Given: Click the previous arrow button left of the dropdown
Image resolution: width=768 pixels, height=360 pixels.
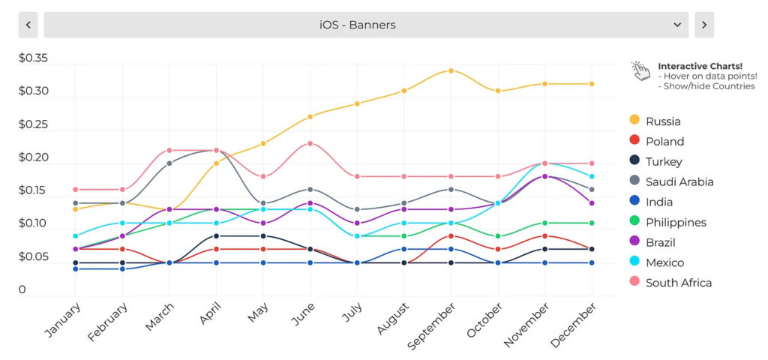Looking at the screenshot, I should (28, 25).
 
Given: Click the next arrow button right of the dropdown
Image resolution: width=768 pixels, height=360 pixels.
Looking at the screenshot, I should (703, 25).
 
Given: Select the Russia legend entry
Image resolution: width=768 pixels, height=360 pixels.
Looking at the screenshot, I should (663, 121).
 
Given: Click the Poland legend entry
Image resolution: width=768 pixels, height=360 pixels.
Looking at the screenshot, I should (664, 141).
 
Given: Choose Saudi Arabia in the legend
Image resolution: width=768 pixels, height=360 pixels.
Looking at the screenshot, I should (679, 181).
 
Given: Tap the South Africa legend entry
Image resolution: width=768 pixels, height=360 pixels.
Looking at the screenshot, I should (678, 283).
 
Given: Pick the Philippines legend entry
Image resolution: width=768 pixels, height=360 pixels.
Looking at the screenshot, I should (676, 222).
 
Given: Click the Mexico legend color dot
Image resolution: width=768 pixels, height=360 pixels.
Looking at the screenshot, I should (634, 262).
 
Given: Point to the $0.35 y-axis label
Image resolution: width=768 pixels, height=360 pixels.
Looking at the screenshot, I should (33, 58).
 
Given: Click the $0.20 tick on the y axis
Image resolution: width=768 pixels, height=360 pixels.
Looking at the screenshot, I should (33, 157).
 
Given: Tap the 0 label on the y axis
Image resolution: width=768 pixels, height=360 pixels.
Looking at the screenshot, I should (22, 289).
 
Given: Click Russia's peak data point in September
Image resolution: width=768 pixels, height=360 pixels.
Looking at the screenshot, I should (451, 70).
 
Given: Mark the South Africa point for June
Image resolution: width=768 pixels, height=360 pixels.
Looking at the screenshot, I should (310, 143).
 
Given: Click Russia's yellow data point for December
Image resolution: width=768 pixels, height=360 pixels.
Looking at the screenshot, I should (592, 84).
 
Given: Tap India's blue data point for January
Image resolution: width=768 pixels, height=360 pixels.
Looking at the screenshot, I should (75, 268).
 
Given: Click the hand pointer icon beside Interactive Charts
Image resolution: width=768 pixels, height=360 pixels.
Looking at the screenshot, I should (640, 71).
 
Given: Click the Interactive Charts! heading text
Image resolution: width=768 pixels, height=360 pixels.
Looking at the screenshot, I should (700, 66).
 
